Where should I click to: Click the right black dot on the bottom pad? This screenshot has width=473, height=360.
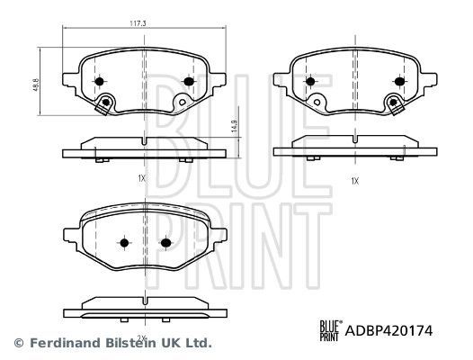(x=166, y=242)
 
